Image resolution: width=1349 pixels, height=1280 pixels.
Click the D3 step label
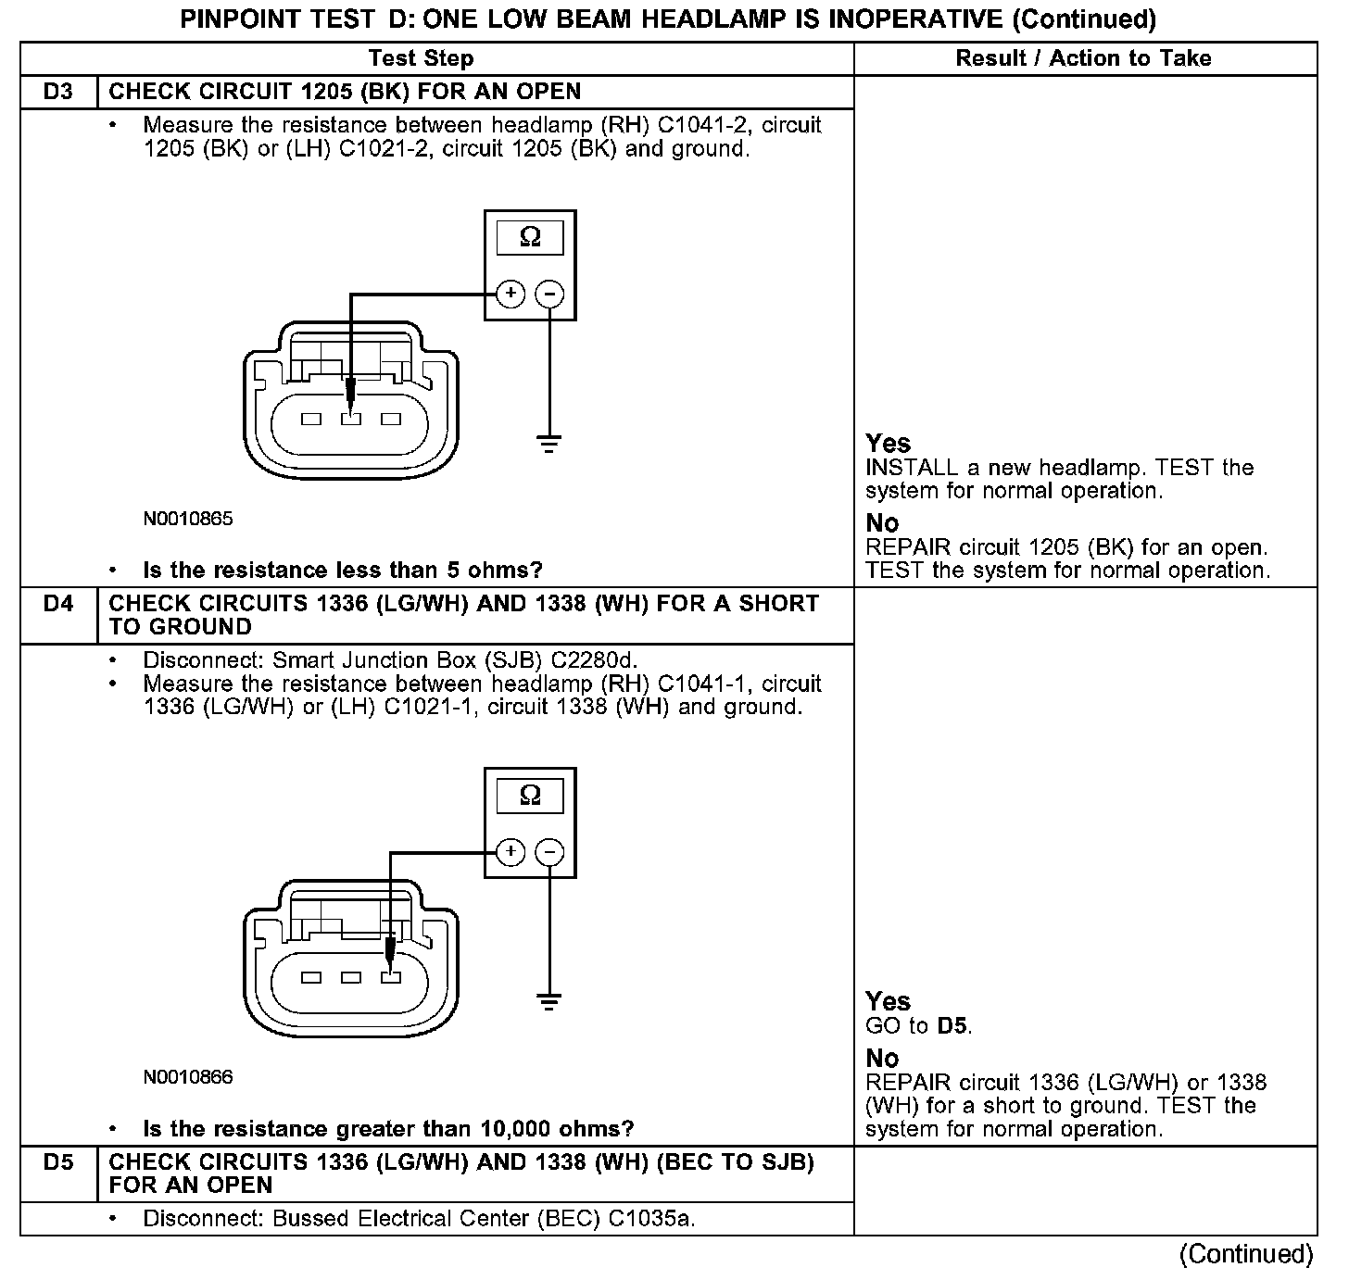(57, 92)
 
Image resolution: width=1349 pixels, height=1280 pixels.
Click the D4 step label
(57, 604)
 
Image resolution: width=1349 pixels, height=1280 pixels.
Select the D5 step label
(57, 1161)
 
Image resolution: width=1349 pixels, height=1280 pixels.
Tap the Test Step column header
(421, 58)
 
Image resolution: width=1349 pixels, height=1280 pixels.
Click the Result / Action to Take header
(1083, 58)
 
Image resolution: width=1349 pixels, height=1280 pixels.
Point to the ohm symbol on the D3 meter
(530, 237)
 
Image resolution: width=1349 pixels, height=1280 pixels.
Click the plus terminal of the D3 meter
(511, 295)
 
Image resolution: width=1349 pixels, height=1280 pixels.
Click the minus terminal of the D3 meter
(550, 295)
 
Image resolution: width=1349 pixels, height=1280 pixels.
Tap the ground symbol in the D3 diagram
(549, 444)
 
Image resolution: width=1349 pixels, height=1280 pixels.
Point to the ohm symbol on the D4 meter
(530, 795)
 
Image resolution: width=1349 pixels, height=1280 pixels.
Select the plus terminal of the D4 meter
(511, 852)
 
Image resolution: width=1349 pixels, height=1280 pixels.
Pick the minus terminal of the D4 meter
(550, 852)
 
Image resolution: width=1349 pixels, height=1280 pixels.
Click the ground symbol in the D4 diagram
(549, 1001)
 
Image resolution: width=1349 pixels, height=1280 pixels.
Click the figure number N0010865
(188, 519)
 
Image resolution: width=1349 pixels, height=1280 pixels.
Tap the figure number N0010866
(188, 1077)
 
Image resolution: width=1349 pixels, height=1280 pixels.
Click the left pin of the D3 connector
(311, 419)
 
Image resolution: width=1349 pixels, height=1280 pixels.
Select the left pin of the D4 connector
(311, 977)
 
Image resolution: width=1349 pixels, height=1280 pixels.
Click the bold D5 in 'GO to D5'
(952, 1026)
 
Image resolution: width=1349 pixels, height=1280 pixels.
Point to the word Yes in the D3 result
(888, 443)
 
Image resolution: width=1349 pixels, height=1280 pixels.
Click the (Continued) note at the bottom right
(1246, 1254)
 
